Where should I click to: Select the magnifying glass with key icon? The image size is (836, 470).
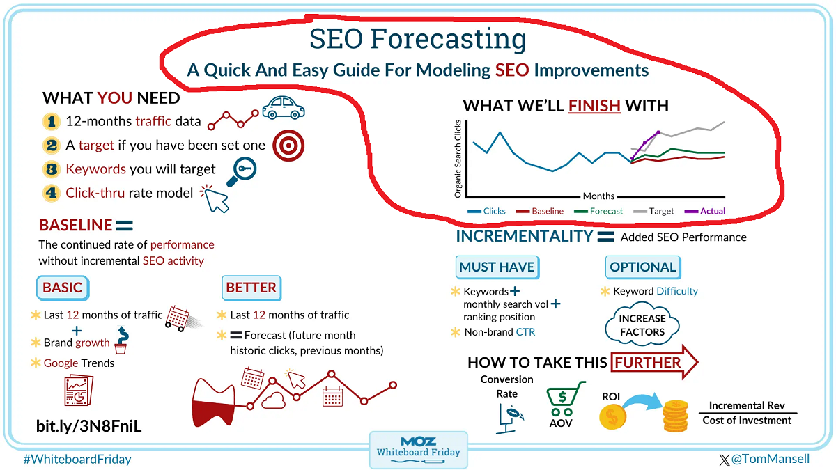(242, 169)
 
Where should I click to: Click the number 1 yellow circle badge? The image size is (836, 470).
(51, 121)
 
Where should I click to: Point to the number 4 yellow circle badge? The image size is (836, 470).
(51, 193)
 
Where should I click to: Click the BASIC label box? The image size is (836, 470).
(62, 288)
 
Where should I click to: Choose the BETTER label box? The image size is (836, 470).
(251, 287)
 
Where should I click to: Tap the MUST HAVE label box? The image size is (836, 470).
(497, 267)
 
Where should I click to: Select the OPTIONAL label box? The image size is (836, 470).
(642, 267)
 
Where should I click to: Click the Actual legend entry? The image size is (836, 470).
(705, 211)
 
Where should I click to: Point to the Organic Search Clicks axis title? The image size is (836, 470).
(458, 158)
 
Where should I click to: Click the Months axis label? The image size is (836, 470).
(598, 196)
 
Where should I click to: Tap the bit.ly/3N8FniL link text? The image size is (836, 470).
(88, 425)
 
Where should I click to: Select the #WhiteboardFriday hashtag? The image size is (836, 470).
(77, 460)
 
